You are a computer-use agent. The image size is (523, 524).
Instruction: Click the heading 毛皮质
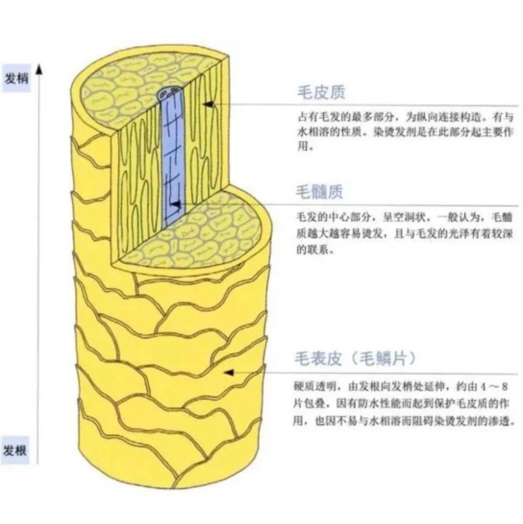pos(321,93)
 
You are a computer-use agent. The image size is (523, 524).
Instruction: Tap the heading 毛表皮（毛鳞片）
pos(355,359)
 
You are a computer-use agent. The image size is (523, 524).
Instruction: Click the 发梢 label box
pos(16,78)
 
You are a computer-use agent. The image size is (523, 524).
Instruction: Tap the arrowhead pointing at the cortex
pos(208,104)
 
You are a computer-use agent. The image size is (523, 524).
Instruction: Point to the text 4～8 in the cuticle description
pos(493,387)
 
